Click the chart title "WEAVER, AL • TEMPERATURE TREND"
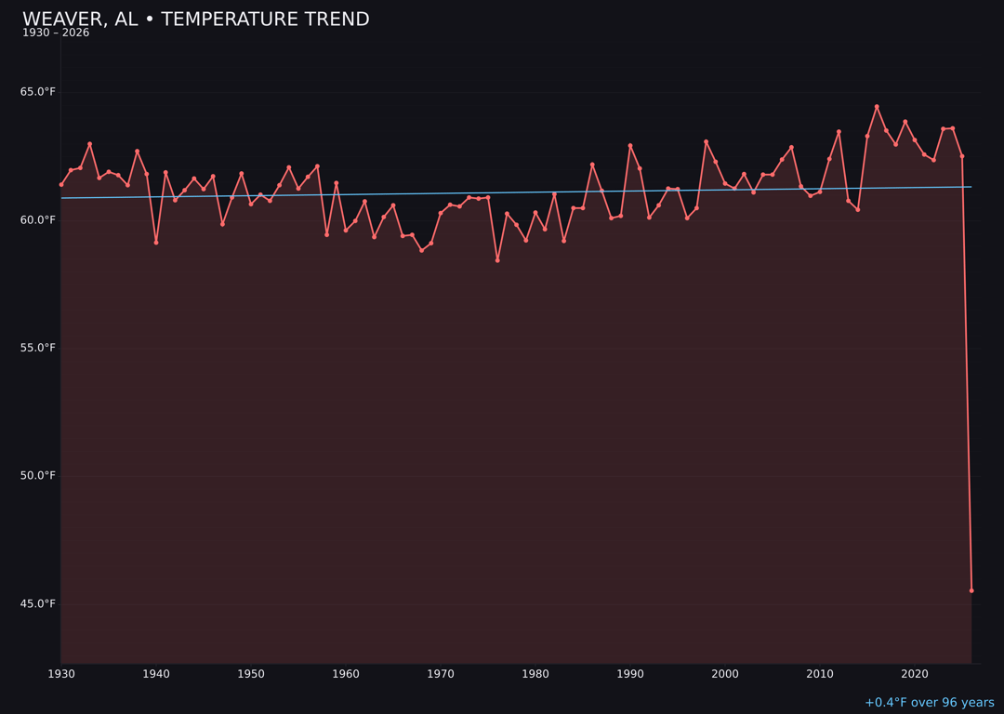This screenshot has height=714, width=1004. point(195,20)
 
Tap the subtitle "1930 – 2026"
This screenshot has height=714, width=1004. point(56,33)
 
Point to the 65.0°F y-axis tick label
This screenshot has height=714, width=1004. point(38,92)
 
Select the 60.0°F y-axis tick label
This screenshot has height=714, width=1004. point(38,220)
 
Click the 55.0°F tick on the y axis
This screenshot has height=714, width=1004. point(38,348)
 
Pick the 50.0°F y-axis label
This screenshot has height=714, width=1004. point(38,476)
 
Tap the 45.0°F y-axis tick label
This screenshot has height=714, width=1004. point(38,604)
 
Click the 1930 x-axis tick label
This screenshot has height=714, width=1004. point(61,674)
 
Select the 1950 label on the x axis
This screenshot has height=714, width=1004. point(251,674)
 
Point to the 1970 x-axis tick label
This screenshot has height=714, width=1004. point(441,674)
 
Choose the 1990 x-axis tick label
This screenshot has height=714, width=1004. point(630,674)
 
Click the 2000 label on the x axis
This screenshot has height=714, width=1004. point(725,674)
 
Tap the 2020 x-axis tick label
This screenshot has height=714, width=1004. point(915,674)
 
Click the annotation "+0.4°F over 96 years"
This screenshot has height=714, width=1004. point(929,703)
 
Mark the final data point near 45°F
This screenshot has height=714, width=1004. point(971,590)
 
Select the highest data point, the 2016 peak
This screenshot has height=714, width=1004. point(877,107)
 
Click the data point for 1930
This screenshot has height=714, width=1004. point(61,184)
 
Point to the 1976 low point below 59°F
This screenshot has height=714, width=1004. point(497,260)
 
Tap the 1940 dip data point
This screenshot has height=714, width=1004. point(156,243)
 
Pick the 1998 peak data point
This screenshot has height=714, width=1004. point(706,141)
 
